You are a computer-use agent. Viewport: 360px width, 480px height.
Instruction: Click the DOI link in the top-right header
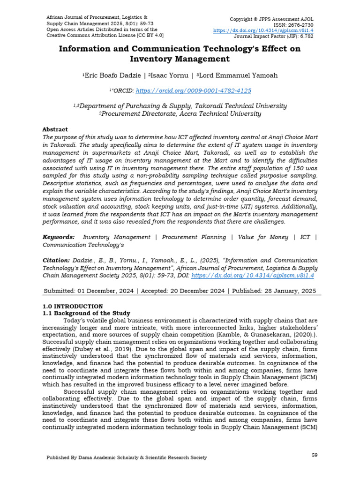[x=263, y=30]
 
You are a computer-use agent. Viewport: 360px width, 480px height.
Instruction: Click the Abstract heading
[x=55, y=129]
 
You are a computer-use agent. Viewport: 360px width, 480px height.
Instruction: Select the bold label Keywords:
[x=59, y=237]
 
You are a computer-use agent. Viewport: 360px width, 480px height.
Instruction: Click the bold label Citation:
[x=56, y=260]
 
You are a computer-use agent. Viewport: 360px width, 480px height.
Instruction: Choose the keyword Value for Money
[x=263, y=237]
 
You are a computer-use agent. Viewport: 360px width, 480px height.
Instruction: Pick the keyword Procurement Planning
[x=194, y=237]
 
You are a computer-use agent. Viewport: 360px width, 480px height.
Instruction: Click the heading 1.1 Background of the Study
[x=86, y=313]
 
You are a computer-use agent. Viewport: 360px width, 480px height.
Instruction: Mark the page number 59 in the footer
[x=315, y=455]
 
